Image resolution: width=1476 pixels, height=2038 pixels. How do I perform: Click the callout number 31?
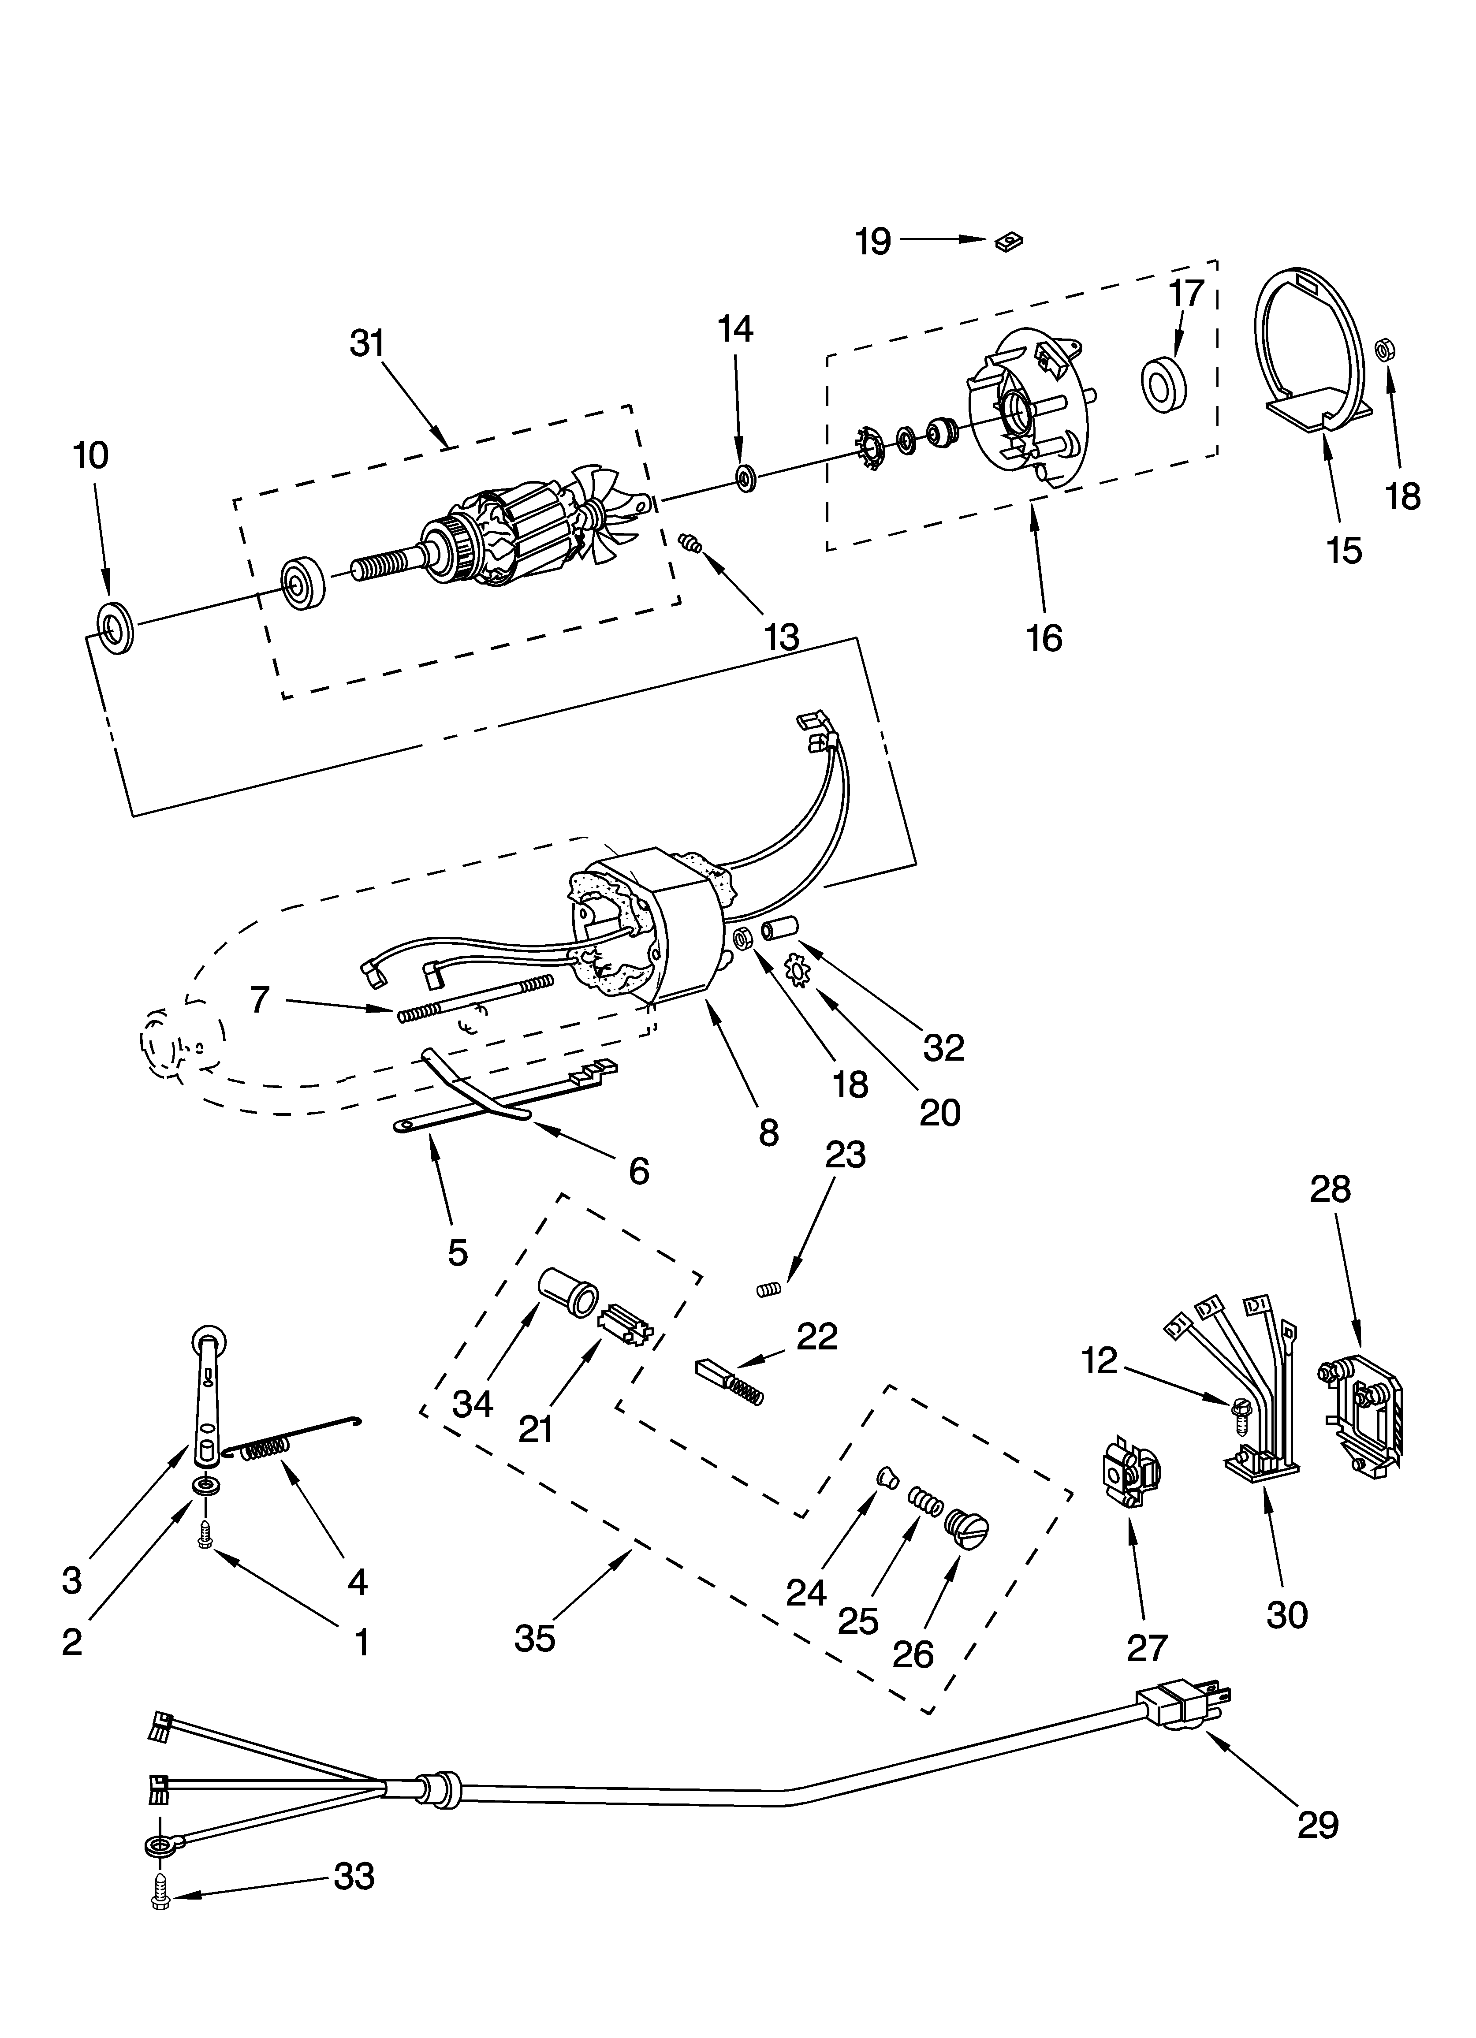click(x=367, y=343)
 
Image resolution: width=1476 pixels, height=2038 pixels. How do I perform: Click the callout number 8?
click(x=768, y=1132)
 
